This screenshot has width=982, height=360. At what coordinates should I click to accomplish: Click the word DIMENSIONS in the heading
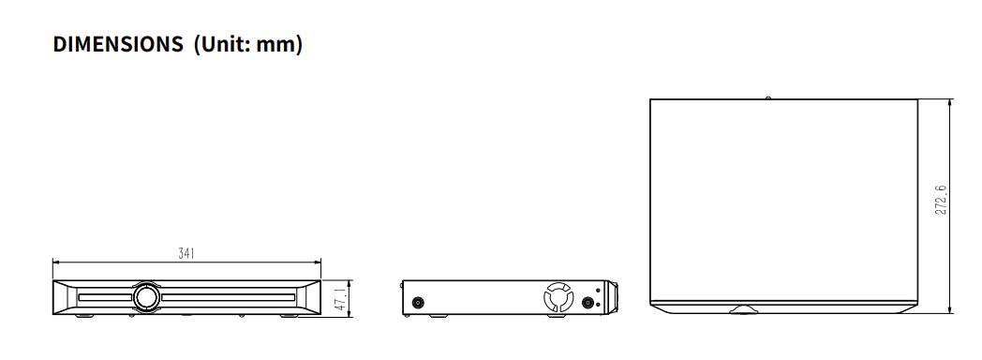click(x=118, y=44)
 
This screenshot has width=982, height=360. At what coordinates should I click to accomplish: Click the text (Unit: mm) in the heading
click(x=247, y=44)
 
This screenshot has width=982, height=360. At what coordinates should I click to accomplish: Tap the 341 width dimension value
click(x=187, y=253)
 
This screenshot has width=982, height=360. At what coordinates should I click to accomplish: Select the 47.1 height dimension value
click(x=341, y=298)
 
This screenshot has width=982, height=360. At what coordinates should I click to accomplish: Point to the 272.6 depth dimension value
click(x=940, y=200)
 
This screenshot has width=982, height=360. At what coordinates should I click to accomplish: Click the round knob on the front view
click(x=147, y=296)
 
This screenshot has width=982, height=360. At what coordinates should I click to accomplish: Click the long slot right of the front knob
click(x=231, y=297)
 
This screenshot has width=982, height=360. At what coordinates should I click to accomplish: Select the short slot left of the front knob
click(x=104, y=297)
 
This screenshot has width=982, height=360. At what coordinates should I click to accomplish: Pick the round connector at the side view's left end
click(x=417, y=302)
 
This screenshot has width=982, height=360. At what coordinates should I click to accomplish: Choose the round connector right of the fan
click(x=588, y=303)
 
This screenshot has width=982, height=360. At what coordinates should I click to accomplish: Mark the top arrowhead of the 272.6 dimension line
click(x=951, y=101)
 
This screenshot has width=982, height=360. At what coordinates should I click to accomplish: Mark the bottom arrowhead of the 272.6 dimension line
click(x=951, y=310)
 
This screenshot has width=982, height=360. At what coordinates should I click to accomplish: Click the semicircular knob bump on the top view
click(x=746, y=308)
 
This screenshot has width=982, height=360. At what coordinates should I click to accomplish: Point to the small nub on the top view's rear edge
click(x=767, y=97)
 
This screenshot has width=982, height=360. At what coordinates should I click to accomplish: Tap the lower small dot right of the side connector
click(x=598, y=304)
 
